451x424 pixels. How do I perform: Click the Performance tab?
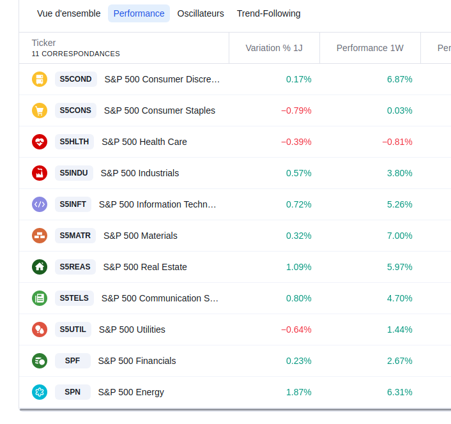click(x=139, y=13)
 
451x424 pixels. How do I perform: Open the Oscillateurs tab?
click(x=201, y=13)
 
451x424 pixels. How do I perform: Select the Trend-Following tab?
click(x=268, y=13)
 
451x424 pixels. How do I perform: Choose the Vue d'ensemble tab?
click(x=69, y=13)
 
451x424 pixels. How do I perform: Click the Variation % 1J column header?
click(x=274, y=48)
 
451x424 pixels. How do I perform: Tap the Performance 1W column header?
click(x=370, y=48)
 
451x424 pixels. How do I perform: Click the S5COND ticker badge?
click(x=75, y=79)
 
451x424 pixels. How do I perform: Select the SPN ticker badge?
click(x=72, y=392)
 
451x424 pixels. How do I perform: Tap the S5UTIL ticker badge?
click(x=73, y=329)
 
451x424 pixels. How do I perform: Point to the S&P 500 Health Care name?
click(x=144, y=142)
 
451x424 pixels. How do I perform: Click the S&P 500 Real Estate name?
click(x=145, y=267)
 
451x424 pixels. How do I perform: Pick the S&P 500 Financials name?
click(x=137, y=361)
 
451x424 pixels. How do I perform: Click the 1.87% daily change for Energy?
click(x=299, y=392)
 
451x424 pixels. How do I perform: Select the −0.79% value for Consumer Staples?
click(x=296, y=110)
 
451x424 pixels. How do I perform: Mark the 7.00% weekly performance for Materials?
click(x=400, y=236)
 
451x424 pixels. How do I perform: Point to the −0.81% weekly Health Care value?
click(x=397, y=142)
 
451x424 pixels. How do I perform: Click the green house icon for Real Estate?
click(x=40, y=267)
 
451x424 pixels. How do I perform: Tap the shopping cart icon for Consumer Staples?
click(x=40, y=110)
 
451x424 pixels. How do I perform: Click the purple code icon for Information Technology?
click(x=40, y=204)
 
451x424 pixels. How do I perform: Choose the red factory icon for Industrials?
click(x=40, y=173)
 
